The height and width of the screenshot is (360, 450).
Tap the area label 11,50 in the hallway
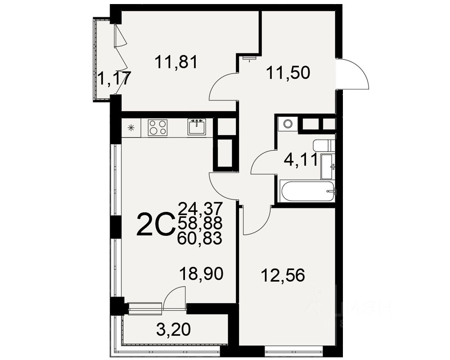[x=288, y=72]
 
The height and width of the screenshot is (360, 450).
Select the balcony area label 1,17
[x=114, y=79]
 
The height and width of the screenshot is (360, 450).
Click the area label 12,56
[x=283, y=274]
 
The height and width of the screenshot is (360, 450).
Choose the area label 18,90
[x=201, y=273]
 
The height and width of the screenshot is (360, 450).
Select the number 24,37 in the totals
[x=200, y=208]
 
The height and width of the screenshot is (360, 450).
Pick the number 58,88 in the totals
[x=200, y=223]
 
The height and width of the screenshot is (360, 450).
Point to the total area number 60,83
[x=200, y=238]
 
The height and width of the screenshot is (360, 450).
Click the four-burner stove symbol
[x=157, y=127]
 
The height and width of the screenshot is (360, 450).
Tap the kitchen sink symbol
[x=197, y=127]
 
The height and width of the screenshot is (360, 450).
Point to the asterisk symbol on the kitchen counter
[x=131, y=127]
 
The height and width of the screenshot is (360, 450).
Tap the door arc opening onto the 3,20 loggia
[x=174, y=299]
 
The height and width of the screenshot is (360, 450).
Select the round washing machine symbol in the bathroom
[x=287, y=123]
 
